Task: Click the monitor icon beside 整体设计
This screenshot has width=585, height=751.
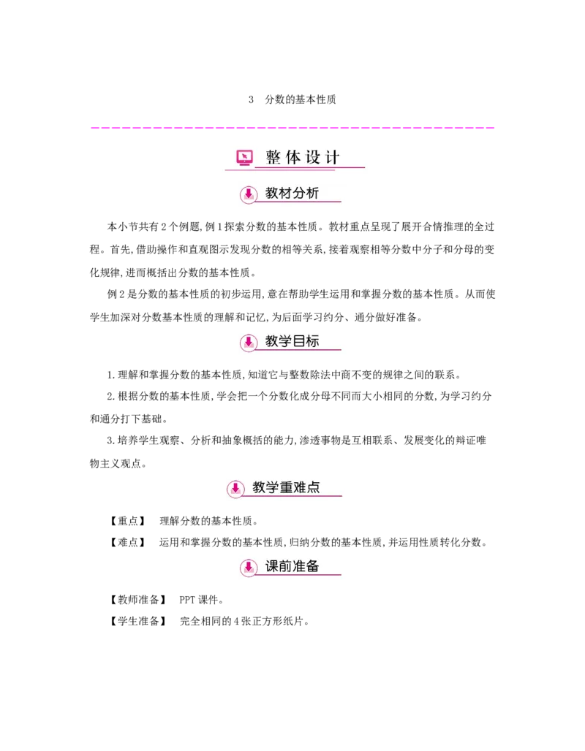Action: tap(245, 157)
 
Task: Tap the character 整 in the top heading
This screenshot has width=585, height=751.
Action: tap(273, 157)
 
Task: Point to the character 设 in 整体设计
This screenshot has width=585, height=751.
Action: tap(313, 157)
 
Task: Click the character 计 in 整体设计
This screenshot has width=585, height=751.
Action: tap(332, 157)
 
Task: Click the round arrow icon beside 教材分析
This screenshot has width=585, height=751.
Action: tap(249, 194)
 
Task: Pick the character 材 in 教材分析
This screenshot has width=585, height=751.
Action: tap(285, 194)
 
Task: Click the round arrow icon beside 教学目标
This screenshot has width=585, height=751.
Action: tap(249, 342)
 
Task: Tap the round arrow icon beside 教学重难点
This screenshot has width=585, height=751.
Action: tap(235, 489)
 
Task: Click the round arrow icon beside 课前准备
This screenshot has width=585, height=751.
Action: tap(249, 567)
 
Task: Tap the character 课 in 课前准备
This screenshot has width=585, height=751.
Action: tap(272, 566)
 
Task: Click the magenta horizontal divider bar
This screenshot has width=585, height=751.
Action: tap(292, 129)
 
